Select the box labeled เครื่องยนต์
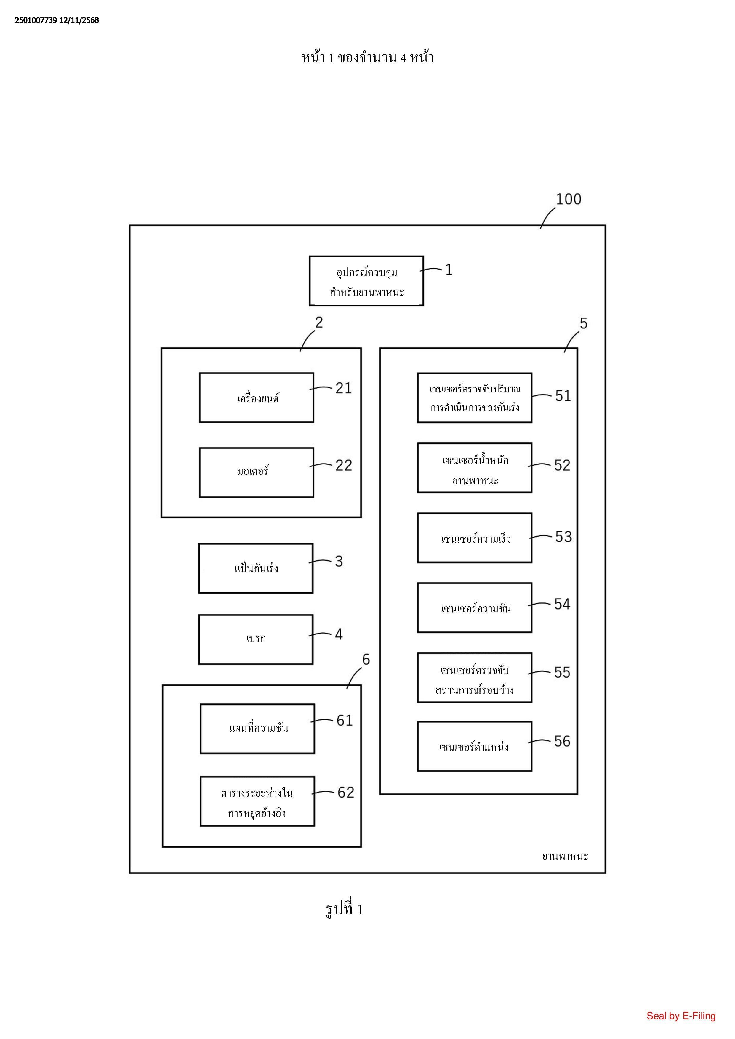click(x=256, y=398)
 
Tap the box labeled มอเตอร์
click(x=256, y=472)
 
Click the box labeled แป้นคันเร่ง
click(x=256, y=568)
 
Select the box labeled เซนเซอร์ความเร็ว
click(x=474, y=538)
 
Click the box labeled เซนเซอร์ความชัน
click(x=474, y=608)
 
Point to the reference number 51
click(x=563, y=396)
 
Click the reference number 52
click(x=562, y=465)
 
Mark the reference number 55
click(x=562, y=672)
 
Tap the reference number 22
click(x=344, y=465)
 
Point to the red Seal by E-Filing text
click(x=681, y=1016)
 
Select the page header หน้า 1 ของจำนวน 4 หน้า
click(x=367, y=57)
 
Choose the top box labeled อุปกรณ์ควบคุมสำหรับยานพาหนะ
click(x=366, y=281)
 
